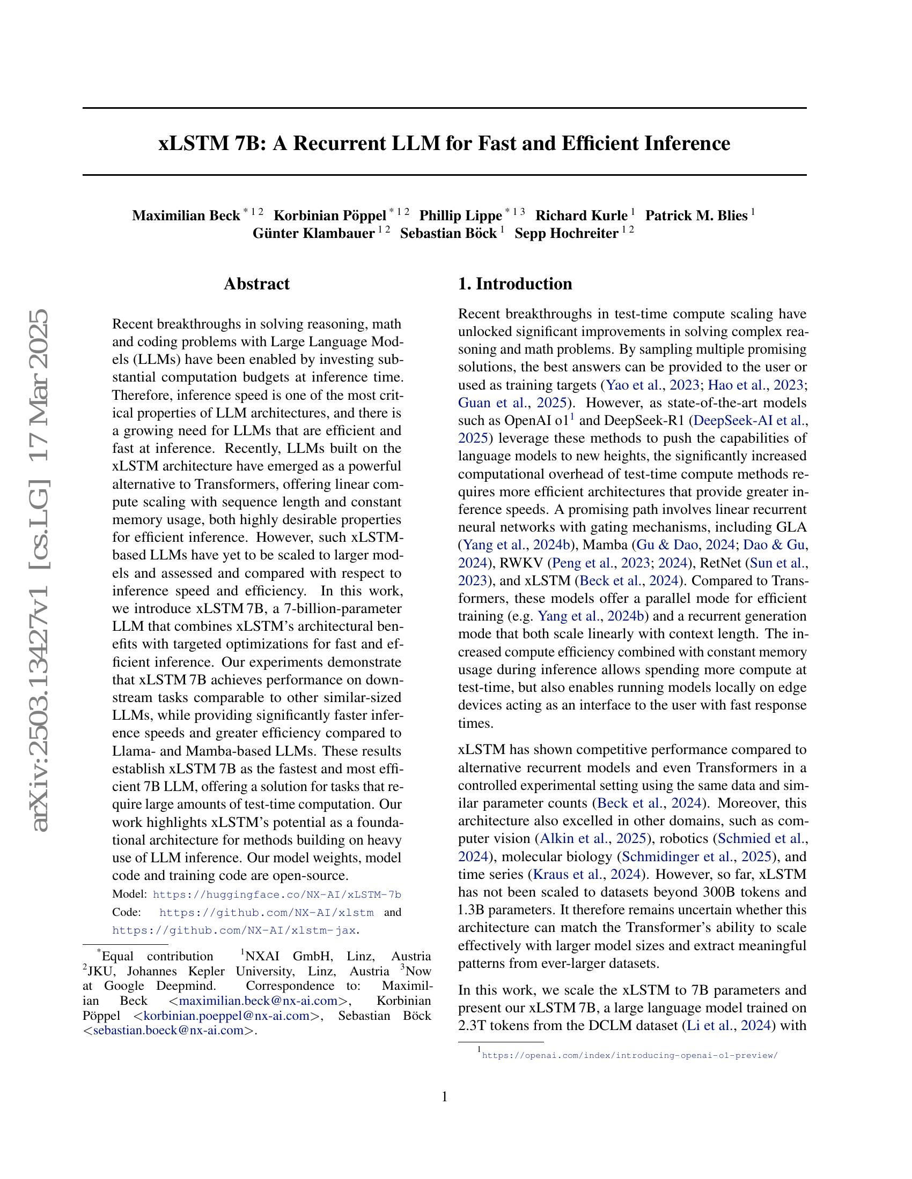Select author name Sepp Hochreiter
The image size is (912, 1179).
point(565,233)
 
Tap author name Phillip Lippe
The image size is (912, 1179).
point(460,215)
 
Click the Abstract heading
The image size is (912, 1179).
point(256,283)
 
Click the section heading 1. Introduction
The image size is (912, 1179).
point(515,283)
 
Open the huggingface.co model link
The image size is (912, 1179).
point(277,894)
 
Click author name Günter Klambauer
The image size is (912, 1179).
point(313,233)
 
